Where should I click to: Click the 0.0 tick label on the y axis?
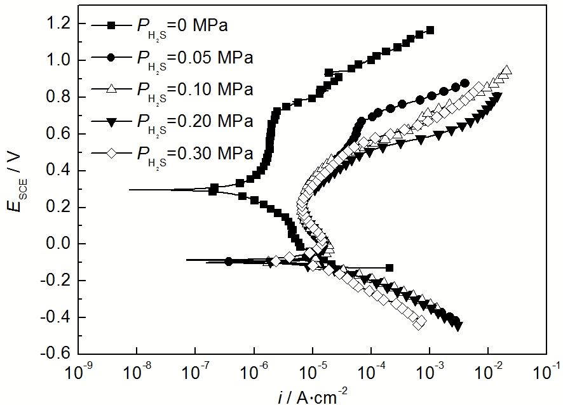(x=60, y=244)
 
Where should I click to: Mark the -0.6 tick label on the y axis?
(x=57, y=354)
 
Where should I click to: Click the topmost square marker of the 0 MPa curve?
(x=430, y=30)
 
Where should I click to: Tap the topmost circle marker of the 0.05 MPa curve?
(x=465, y=83)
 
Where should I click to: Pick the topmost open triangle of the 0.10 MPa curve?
(x=507, y=71)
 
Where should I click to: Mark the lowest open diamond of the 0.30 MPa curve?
(x=419, y=323)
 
